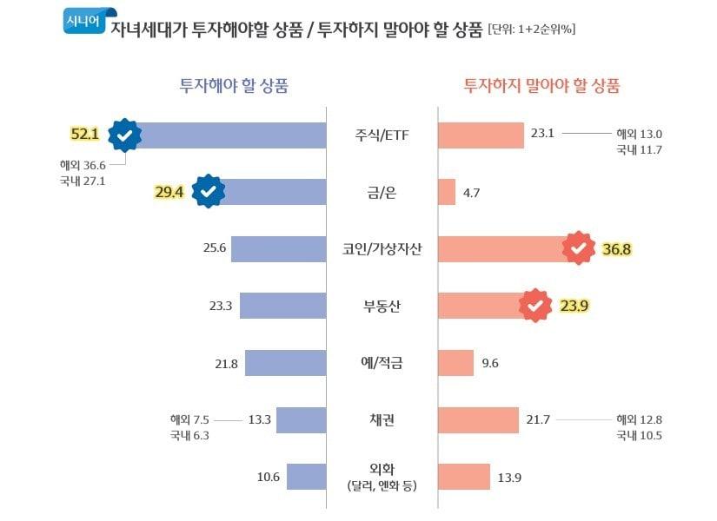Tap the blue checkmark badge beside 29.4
pyautogui.click(x=209, y=192)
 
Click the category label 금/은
pyautogui.click(x=382, y=192)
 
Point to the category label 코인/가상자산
pyautogui.click(x=382, y=249)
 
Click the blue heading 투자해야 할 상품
pyautogui.click(x=234, y=85)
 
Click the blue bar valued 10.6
pyautogui.click(x=306, y=477)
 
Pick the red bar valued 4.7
pyautogui.click(x=447, y=192)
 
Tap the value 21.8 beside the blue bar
pyautogui.click(x=226, y=363)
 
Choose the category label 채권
pyautogui.click(x=382, y=420)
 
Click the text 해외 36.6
pyautogui.click(x=83, y=165)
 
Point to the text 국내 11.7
pyautogui.click(x=639, y=149)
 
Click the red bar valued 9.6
pyautogui.click(x=455, y=363)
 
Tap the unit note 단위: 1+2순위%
pyautogui.click(x=532, y=30)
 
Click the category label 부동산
pyautogui.click(x=382, y=306)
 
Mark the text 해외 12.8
pyautogui.click(x=639, y=419)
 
